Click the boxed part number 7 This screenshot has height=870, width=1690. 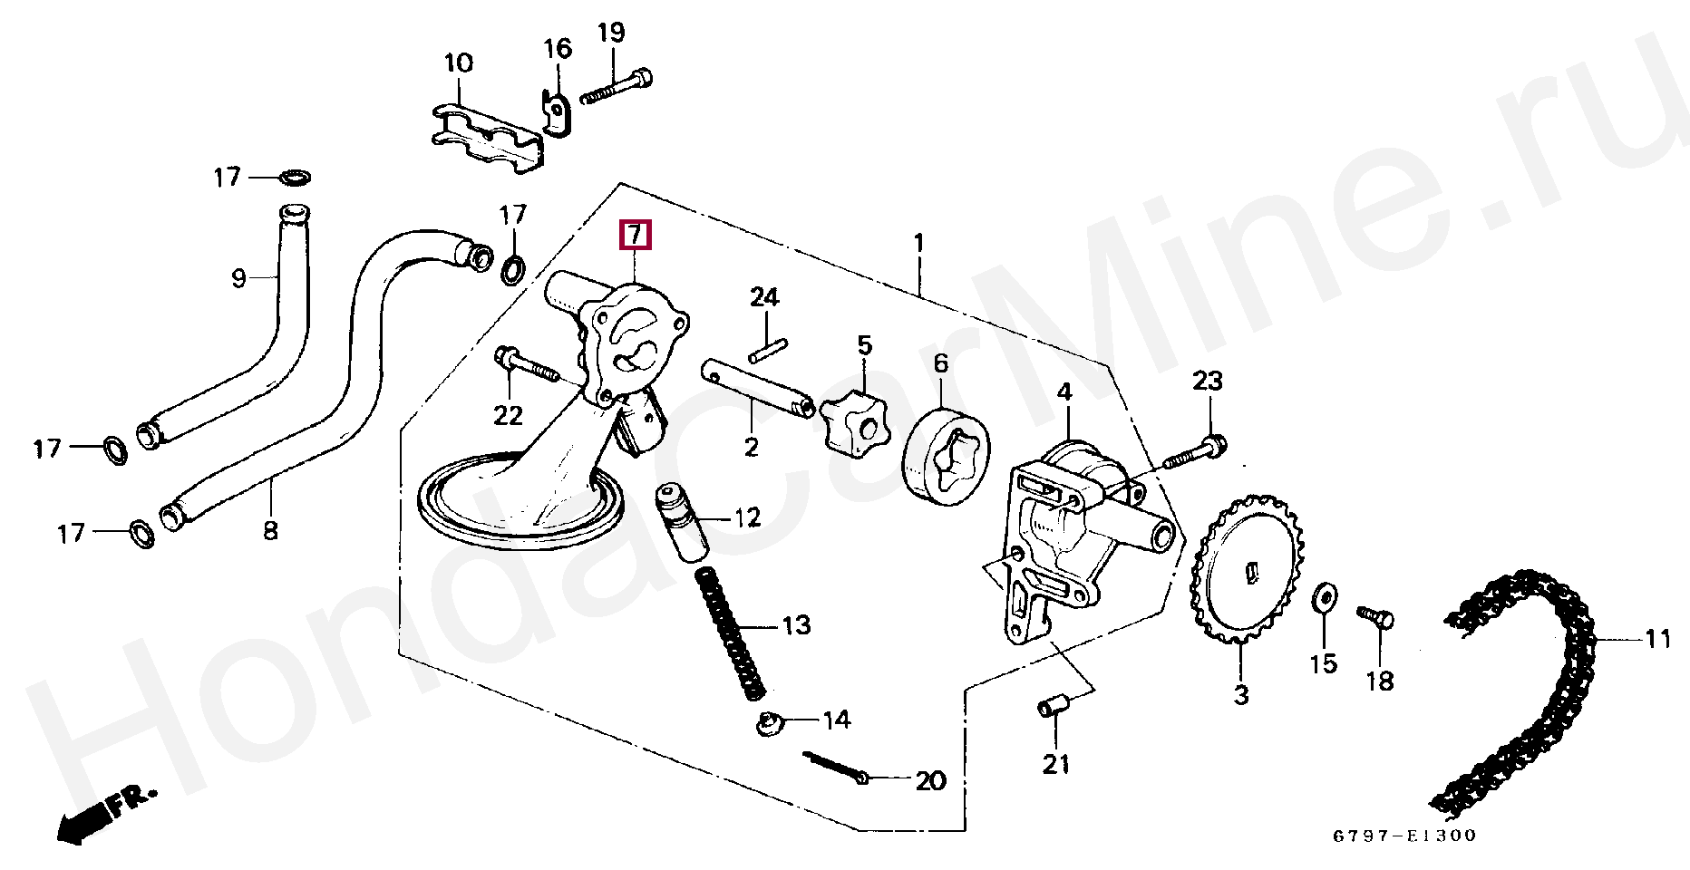coord(635,236)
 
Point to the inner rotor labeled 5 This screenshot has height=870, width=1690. coord(854,423)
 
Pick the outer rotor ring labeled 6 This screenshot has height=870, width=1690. coord(946,456)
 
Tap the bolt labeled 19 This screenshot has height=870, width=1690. coord(617,86)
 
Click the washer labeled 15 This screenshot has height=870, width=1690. coord(1325,598)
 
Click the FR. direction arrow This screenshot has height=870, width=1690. coord(100,814)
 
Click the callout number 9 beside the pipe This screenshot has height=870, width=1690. coord(238,277)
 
